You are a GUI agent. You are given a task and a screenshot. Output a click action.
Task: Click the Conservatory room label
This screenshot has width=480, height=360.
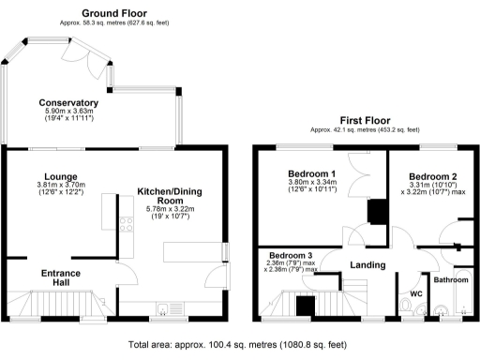tap(68, 102)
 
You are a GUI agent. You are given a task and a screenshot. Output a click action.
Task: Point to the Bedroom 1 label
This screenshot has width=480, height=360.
tap(312, 174)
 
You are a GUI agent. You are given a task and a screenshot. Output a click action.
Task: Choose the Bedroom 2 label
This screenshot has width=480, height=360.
tap(433, 176)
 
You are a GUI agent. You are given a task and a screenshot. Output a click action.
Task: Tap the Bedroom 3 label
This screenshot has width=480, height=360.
tap(291, 256)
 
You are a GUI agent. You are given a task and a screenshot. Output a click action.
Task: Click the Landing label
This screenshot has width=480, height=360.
tap(367, 265)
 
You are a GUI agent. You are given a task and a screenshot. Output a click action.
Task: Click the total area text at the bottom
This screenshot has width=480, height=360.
tap(240, 345)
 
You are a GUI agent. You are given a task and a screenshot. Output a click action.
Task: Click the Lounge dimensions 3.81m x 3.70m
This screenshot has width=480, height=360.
tap(59, 186)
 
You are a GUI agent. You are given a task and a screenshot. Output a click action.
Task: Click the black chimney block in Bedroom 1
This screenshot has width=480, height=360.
tap(377, 213)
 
